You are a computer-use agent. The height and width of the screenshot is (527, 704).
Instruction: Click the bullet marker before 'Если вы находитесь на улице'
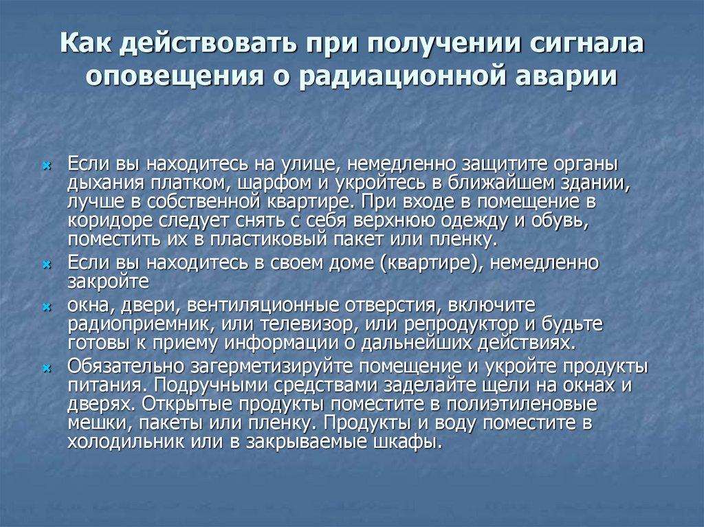click(x=46, y=166)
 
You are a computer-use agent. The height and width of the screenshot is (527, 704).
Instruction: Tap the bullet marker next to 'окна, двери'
click(x=46, y=306)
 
